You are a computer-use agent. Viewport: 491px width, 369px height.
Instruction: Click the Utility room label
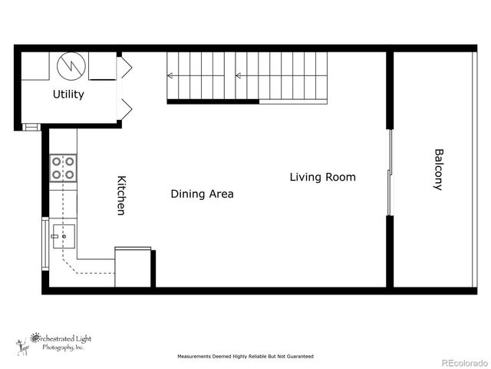tap(68, 95)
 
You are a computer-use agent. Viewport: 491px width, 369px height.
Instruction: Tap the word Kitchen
tap(120, 195)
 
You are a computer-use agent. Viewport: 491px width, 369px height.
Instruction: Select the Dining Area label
tap(202, 194)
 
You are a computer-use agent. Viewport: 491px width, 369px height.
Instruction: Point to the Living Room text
tap(322, 178)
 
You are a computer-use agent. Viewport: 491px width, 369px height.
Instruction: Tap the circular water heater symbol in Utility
tap(71, 65)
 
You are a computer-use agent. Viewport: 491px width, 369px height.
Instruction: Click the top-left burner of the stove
tap(56, 162)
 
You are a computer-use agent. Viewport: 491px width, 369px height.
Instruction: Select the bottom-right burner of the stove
tap(70, 175)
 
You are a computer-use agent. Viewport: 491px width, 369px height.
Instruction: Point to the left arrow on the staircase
tap(171, 75)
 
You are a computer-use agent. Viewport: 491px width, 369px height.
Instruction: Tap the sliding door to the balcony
tap(390, 172)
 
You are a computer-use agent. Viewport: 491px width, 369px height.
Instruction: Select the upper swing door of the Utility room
tap(124, 68)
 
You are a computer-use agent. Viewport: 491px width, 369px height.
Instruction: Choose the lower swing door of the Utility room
tap(124, 109)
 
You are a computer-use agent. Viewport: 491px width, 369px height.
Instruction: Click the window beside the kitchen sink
tap(44, 244)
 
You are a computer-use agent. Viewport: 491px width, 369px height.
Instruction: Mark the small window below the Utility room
tap(30, 127)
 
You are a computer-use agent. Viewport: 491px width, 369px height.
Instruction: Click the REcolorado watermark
tap(463, 361)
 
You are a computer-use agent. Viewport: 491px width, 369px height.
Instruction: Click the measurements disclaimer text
tap(245, 357)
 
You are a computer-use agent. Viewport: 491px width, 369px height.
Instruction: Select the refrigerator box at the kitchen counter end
tap(133, 268)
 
